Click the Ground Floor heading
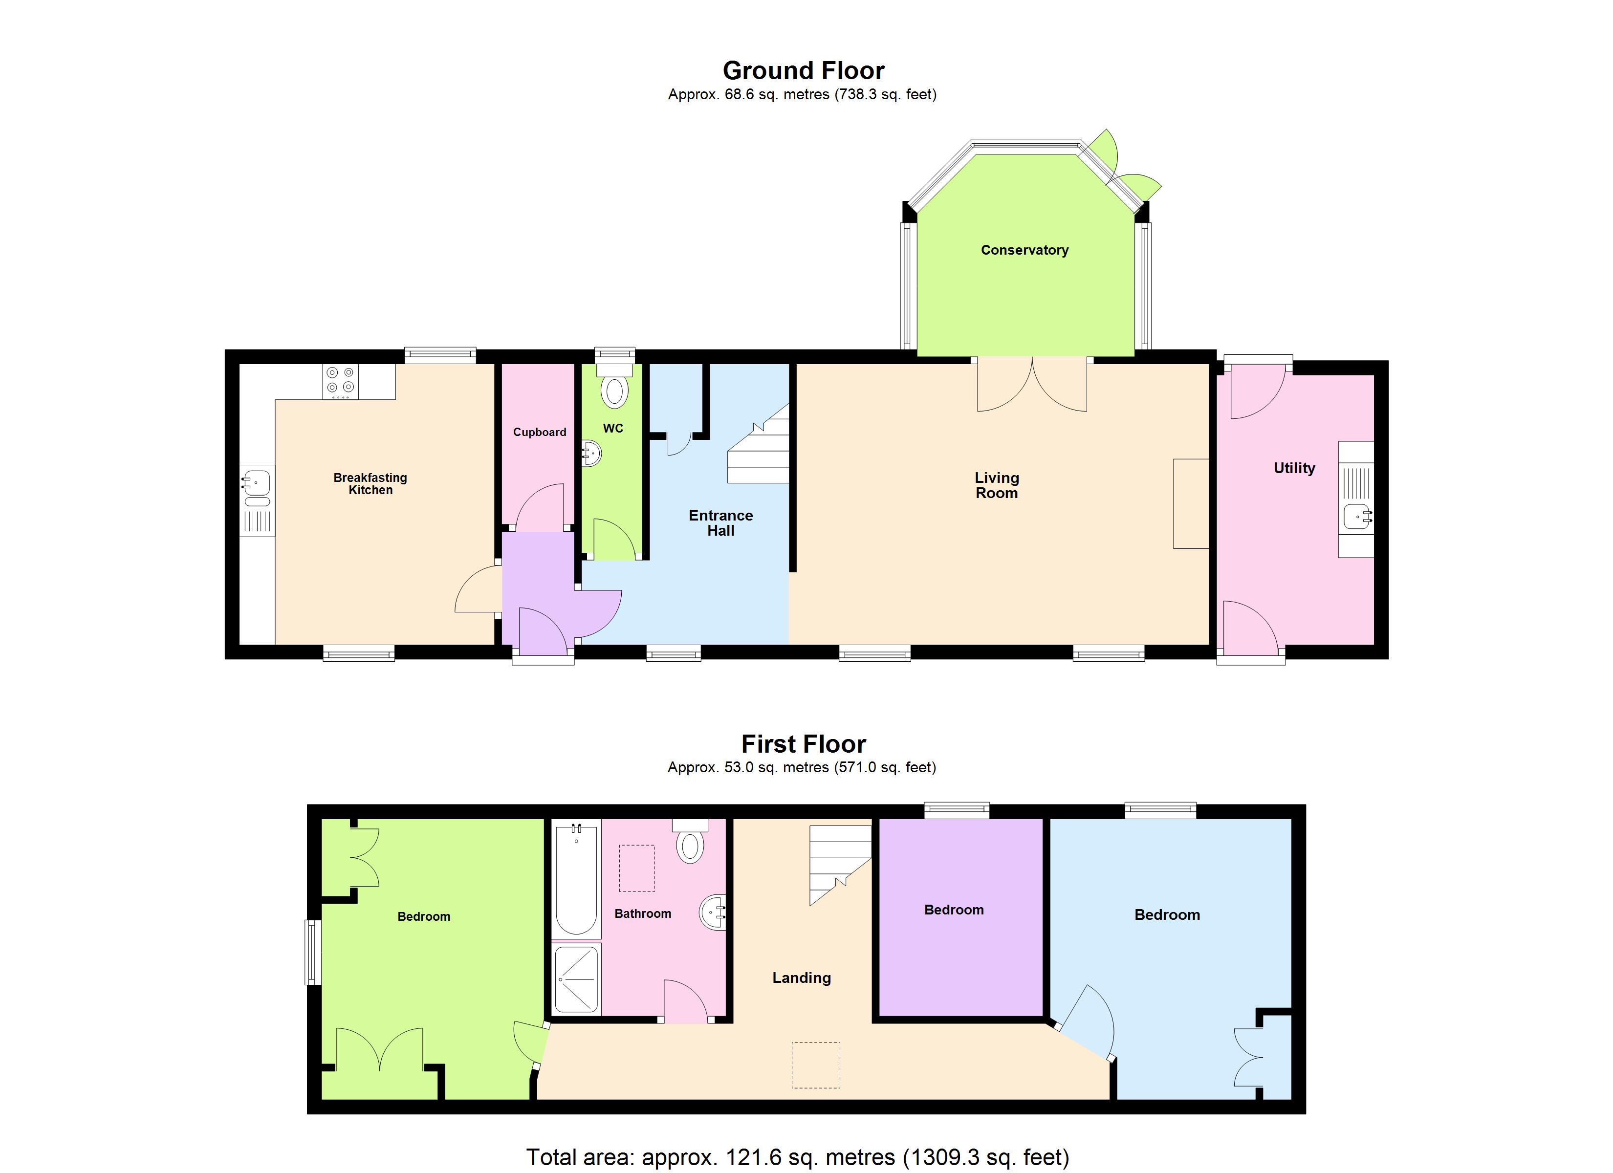coord(803,70)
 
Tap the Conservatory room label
coord(1024,250)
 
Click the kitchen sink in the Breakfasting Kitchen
coord(257,484)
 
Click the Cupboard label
coord(539,432)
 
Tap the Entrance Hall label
coord(720,523)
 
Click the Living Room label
coord(996,485)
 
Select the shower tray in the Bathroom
coord(576,979)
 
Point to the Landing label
coord(802,978)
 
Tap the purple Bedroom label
coord(954,910)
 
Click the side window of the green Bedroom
coord(313,953)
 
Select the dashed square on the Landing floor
coord(816,1065)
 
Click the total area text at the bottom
coord(797,1157)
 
